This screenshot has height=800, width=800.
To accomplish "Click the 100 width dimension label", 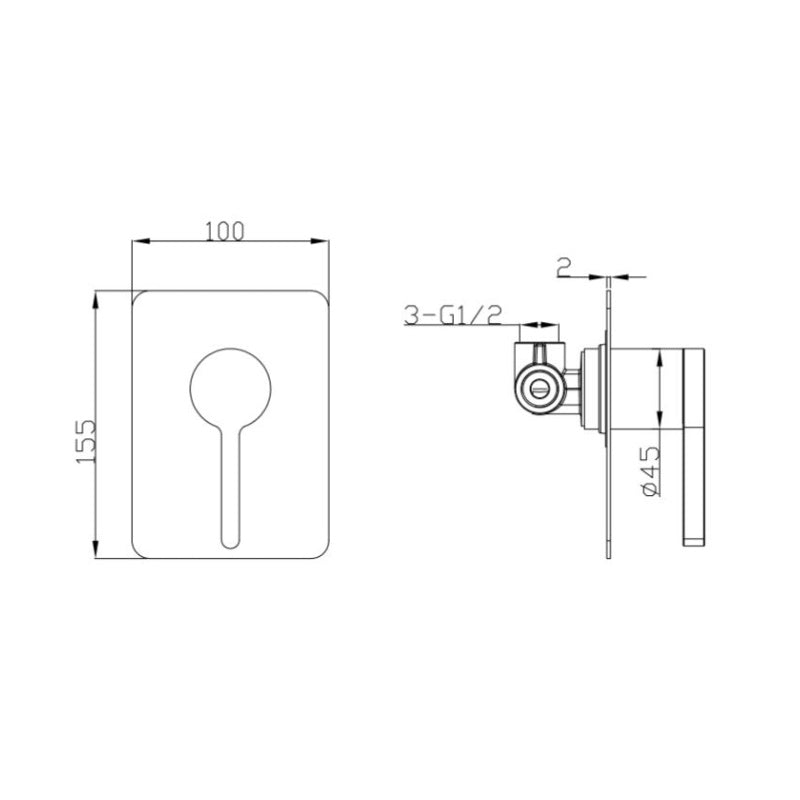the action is coord(225,231).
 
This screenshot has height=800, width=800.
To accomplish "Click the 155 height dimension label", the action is coord(85,441).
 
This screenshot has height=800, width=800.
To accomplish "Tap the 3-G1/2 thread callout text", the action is coord(453,315).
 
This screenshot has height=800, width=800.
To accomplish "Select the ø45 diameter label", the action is coord(651,470).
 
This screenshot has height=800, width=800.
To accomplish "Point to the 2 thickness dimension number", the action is coord(564,267).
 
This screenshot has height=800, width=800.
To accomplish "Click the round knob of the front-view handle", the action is coord(230,389).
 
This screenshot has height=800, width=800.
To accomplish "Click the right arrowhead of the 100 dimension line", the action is coord(320,241).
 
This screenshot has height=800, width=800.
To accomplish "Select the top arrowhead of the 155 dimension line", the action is coord(95,300).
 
